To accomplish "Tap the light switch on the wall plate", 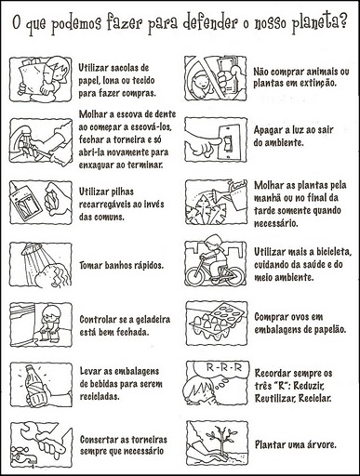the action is (228, 142).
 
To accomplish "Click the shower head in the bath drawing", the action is (32, 249).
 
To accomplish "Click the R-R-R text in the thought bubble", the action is (223, 368).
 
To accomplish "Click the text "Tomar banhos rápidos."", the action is (121, 265).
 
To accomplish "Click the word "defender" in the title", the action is (210, 22).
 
